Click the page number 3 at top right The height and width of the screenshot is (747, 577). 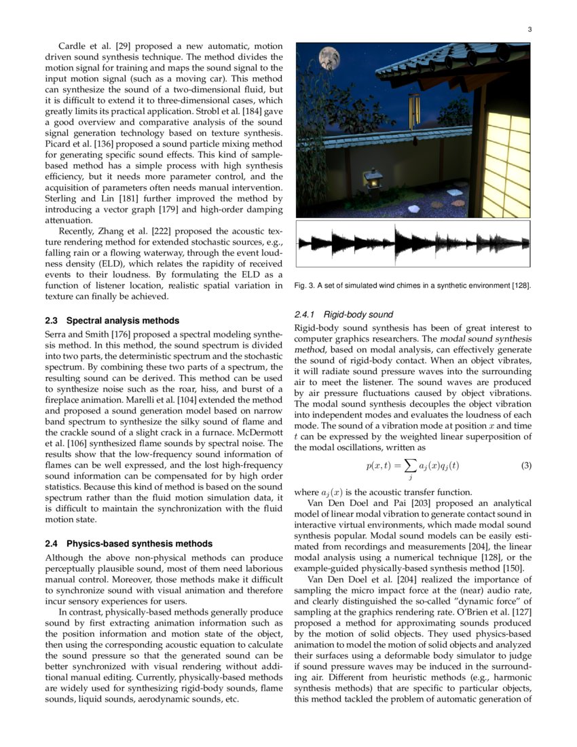pyautogui.click(x=529, y=29)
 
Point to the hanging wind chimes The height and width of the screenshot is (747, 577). pyautogui.click(x=413, y=106)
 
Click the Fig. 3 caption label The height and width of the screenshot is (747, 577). pyautogui.click(x=307, y=286)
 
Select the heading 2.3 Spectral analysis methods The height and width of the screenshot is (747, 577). pyautogui.click(x=112, y=321)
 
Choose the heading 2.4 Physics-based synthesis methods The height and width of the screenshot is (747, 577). pyautogui.click(x=128, y=544)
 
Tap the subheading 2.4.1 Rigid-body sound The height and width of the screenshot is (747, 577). pyautogui.click(x=343, y=314)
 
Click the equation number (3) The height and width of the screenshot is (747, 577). pyautogui.click(x=525, y=466)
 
